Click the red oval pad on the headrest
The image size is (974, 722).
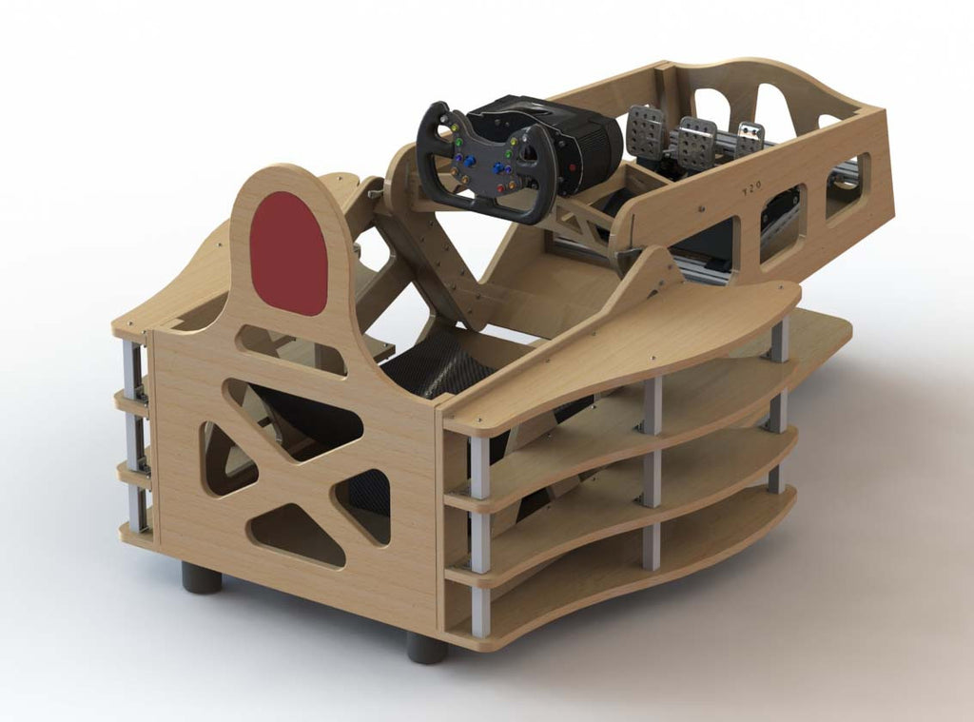click(288, 253)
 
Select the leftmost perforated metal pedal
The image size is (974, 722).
click(646, 130)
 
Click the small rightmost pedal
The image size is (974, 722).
click(750, 139)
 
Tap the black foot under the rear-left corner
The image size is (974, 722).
click(202, 576)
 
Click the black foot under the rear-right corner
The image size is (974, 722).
click(427, 648)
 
